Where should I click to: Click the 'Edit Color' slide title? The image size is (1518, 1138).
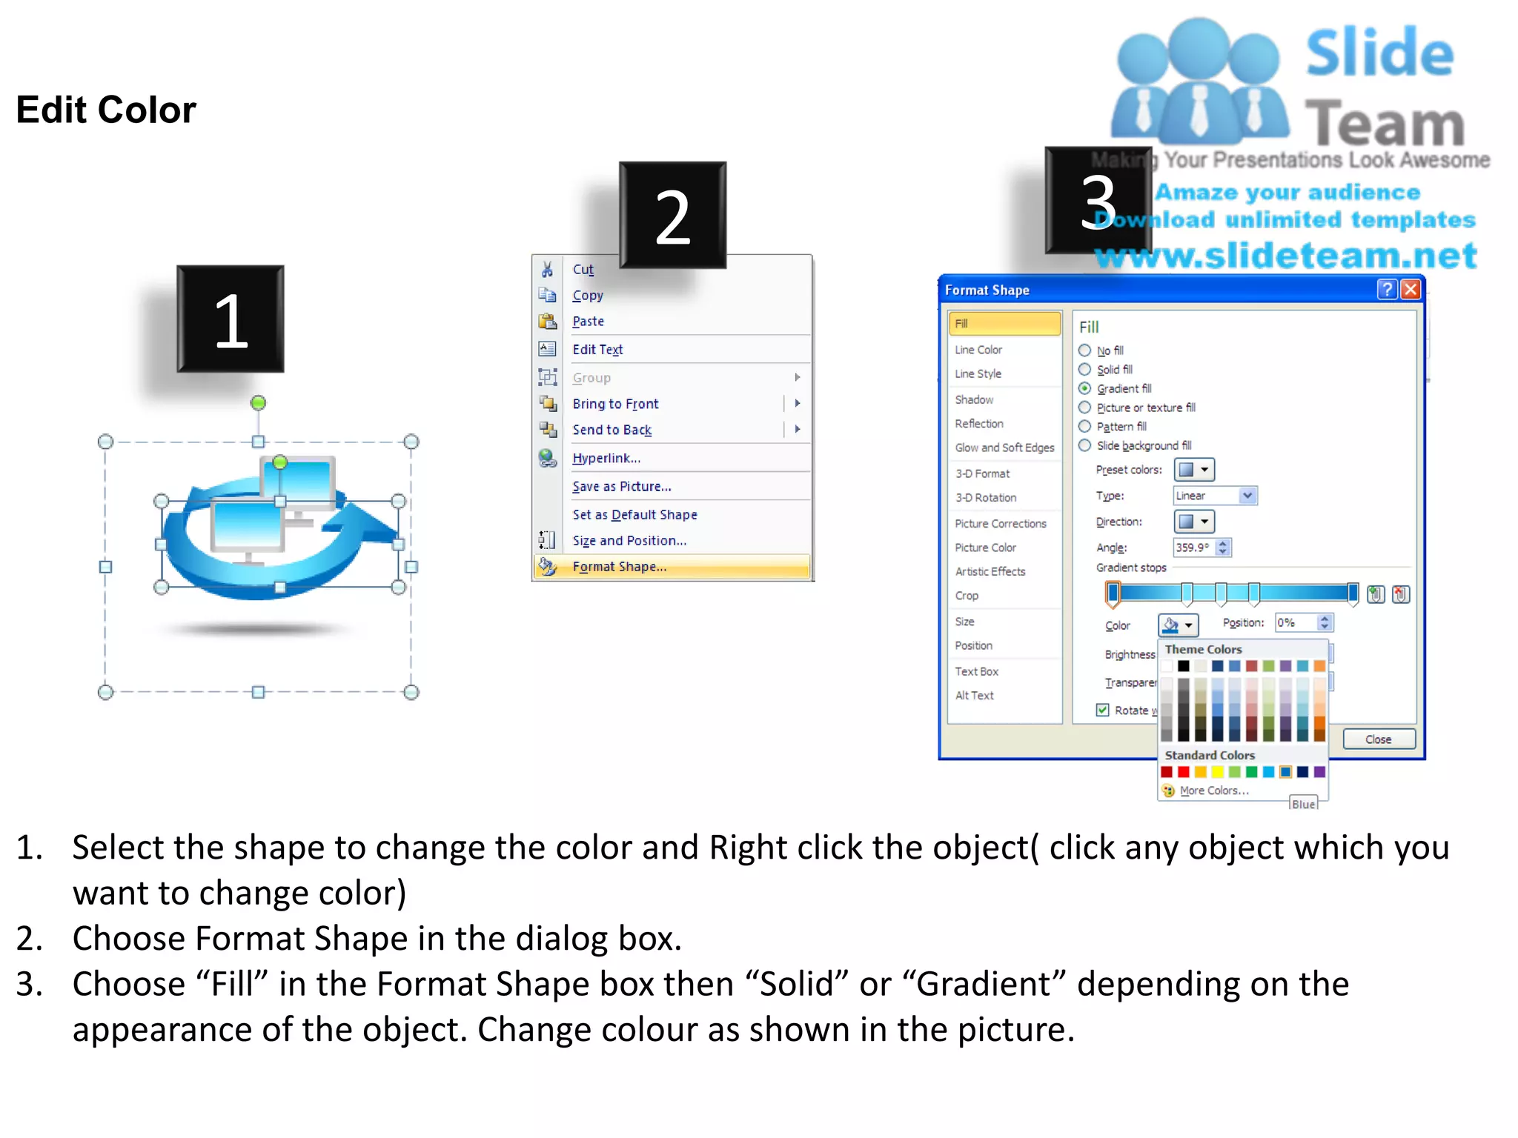(106, 110)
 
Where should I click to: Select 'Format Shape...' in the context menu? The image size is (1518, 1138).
(619, 567)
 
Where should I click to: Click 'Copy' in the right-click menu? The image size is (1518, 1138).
(588, 296)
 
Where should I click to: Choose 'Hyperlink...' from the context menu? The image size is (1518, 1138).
(606, 459)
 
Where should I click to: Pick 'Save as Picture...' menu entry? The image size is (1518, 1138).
(621, 487)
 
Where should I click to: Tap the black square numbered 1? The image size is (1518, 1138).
(231, 319)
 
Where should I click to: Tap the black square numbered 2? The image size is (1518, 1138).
(672, 216)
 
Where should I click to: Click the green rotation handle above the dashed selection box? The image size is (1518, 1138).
(258, 403)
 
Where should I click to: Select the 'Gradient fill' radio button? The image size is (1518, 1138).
(1085, 389)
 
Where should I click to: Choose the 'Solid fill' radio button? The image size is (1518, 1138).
(1085, 370)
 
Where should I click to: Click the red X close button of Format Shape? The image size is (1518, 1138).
(1411, 290)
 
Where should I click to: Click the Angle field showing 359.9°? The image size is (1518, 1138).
(1194, 548)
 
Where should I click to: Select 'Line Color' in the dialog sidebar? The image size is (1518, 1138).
(978, 350)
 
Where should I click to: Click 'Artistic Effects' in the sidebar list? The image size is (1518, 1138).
(990, 572)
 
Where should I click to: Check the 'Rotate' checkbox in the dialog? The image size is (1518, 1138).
(1103, 711)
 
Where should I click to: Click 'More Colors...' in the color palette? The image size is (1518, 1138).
(1213, 791)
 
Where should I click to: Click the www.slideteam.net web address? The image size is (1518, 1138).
(1285, 256)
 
